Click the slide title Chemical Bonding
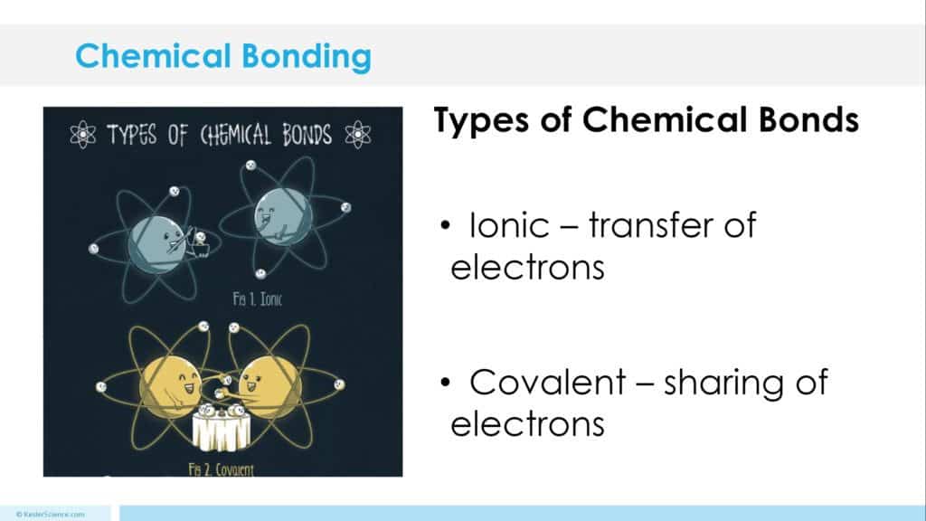click(222, 56)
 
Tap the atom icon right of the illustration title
click(360, 136)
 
